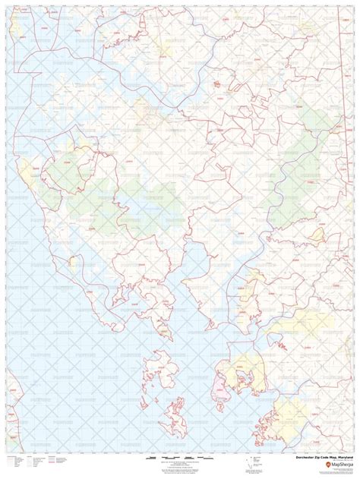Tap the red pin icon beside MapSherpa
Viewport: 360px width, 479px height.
(315, 465)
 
